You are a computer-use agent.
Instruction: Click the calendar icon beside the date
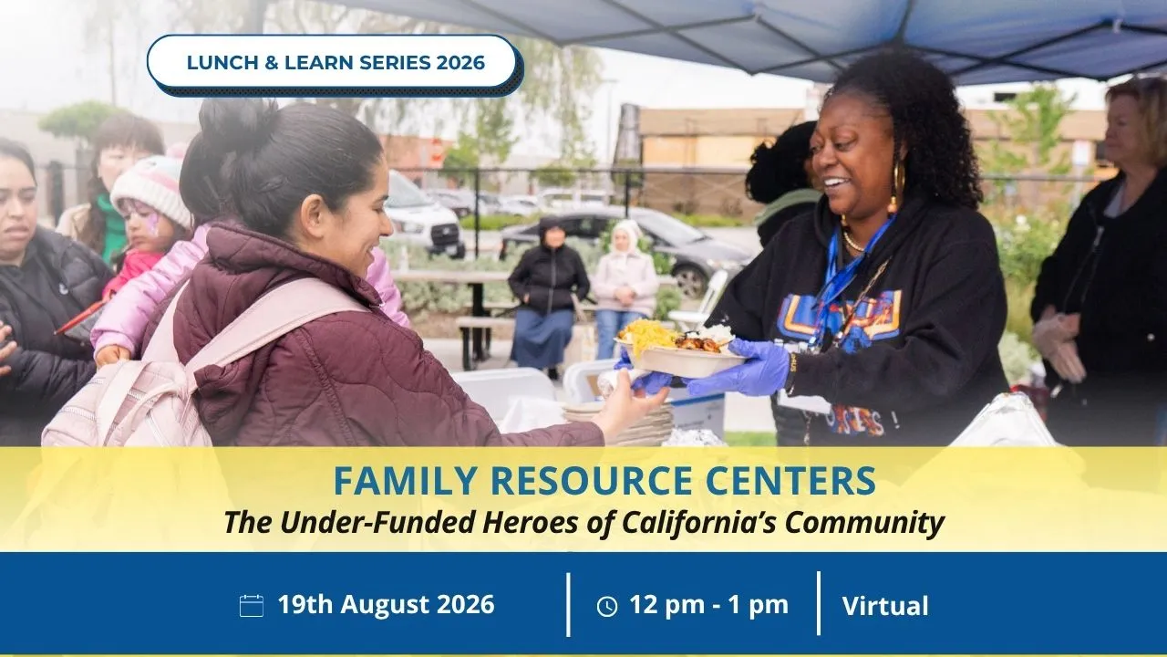251,606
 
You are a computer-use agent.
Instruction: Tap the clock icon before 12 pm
607,607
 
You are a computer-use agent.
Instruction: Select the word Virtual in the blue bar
885,606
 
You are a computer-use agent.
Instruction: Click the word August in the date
385,605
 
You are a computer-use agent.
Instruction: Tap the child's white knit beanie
152,189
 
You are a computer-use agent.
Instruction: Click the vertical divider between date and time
568,605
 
